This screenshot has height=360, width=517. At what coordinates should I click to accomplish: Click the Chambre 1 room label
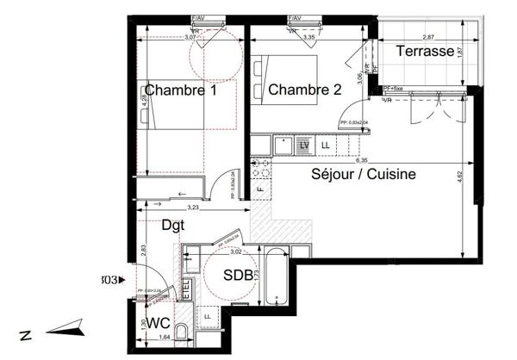pos(180,90)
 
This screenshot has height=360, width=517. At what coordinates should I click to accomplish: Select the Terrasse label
pos(425,52)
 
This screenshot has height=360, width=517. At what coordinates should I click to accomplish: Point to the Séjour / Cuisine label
pos(364,174)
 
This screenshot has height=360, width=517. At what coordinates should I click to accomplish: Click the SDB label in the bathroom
pos(238,276)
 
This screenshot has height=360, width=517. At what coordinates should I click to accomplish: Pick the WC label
pos(157,323)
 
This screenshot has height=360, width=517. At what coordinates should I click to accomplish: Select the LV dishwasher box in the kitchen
pos(304,146)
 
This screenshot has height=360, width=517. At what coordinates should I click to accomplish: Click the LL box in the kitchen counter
pos(326,146)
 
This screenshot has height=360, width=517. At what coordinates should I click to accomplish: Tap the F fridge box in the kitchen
pos(260,188)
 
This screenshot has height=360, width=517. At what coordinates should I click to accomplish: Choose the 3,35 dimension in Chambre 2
pos(303,38)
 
